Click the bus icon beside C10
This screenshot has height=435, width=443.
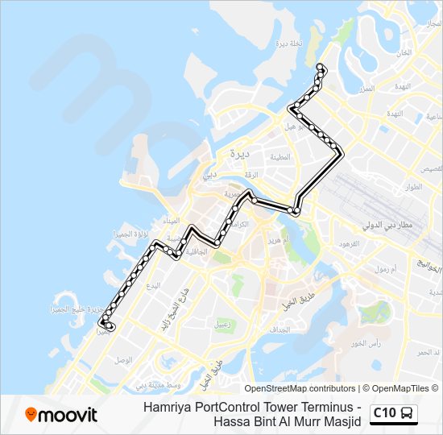click(408, 413)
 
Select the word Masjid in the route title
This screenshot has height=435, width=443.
click(339, 421)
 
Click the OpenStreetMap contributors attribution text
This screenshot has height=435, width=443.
click(300, 388)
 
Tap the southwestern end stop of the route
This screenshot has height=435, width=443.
click(110, 326)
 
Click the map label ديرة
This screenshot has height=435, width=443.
click(239, 151)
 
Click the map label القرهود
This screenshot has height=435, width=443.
click(348, 243)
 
